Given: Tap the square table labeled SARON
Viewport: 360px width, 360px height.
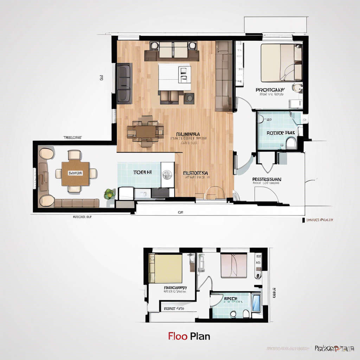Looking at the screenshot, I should pyautogui.click(x=75, y=173).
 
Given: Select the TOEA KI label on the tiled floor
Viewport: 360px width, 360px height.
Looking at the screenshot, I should pyautogui.click(x=142, y=173).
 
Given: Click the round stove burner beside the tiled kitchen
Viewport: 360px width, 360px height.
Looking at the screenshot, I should pyautogui.click(x=167, y=173).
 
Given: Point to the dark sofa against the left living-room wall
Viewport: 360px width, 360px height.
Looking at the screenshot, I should pyautogui.click(x=124, y=83).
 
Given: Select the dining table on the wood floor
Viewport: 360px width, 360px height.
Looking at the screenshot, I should pyautogui.click(x=145, y=131).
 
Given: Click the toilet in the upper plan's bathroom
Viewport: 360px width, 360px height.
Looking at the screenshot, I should pyautogui.click(x=291, y=143).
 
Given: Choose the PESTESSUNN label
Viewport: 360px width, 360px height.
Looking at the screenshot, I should pyautogui.click(x=267, y=179).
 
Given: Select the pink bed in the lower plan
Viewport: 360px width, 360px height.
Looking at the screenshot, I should pyautogui.click(x=234, y=265).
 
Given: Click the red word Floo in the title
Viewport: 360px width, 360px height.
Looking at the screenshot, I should pyautogui.click(x=178, y=336).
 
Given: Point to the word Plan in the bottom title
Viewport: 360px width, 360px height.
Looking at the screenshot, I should pyautogui.click(x=200, y=336).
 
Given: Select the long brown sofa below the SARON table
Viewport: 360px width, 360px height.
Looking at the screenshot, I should pyautogui.click(x=77, y=203).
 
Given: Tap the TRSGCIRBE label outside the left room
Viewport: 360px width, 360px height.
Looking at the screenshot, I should pyautogui.click(x=72, y=138).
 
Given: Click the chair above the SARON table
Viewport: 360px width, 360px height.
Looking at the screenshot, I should pyautogui.click(x=75, y=155).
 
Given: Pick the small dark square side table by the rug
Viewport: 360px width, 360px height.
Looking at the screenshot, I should pyautogui.click(x=189, y=98).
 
